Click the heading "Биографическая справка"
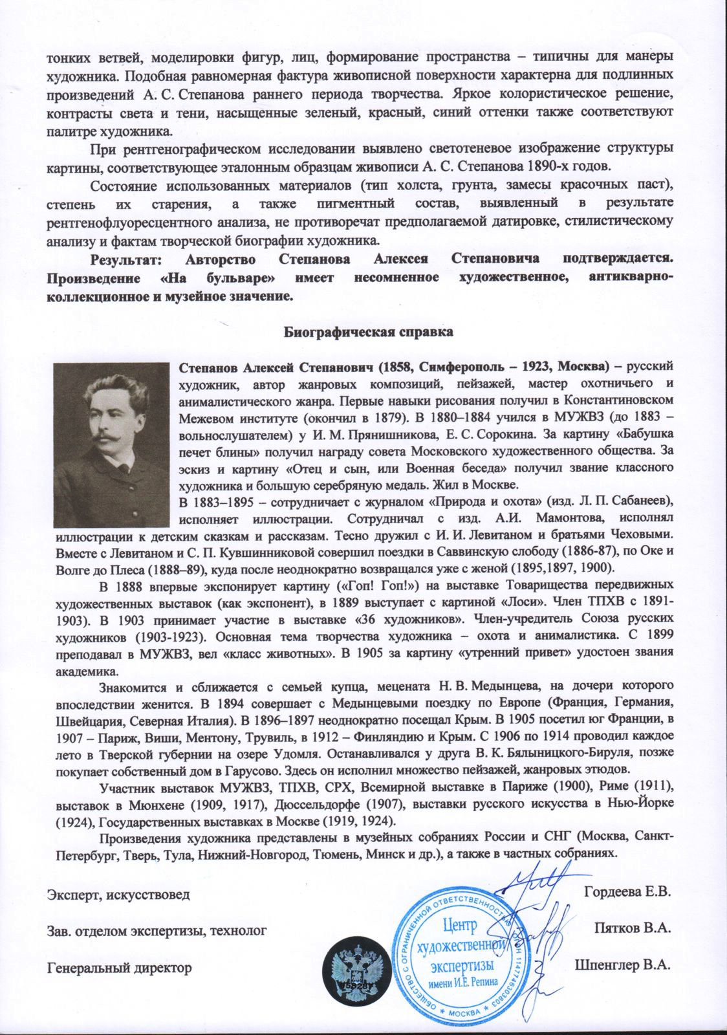(x=369, y=332)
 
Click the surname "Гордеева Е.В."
(x=626, y=892)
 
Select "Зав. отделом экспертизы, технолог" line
(x=157, y=931)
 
